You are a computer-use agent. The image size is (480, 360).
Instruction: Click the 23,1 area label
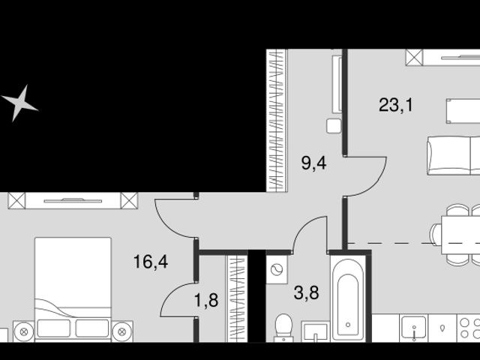[396, 105]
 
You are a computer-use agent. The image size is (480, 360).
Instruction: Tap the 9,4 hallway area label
[313, 163]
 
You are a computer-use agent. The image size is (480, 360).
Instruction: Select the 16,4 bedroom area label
[151, 262]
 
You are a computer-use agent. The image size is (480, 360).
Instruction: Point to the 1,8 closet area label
[206, 300]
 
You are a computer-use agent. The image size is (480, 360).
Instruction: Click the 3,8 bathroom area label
[306, 292]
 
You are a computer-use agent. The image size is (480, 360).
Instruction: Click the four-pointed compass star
[20, 103]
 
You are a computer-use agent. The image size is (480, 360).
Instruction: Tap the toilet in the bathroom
[283, 328]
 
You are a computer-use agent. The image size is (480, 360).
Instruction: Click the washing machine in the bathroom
[277, 270]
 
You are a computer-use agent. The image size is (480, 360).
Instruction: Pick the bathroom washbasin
[315, 331]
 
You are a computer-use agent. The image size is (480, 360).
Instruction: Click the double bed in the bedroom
[73, 289]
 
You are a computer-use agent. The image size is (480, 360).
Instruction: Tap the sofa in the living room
[454, 155]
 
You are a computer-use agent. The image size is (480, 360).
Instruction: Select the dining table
[460, 235]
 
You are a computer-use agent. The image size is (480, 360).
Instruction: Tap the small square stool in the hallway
[334, 126]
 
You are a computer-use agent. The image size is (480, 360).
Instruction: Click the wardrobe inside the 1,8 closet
[237, 298]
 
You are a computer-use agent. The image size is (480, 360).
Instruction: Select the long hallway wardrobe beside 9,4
[277, 121]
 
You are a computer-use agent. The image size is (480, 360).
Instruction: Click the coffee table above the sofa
[463, 111]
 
